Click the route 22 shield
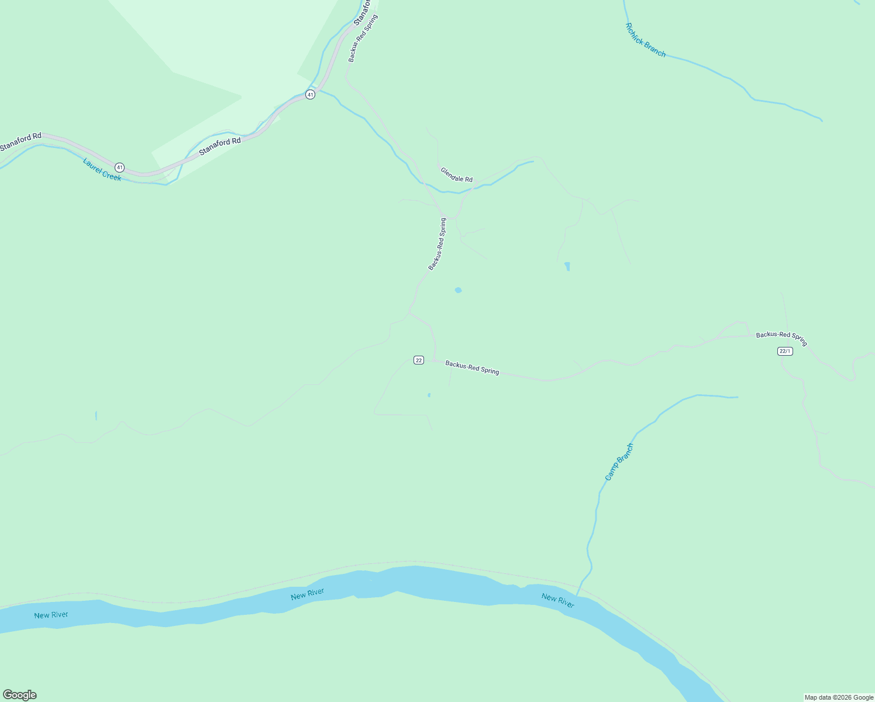pos(418,360)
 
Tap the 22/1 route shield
pos(785,351)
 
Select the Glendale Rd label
pos(456,175)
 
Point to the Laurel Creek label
pos(102,169)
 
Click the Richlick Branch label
pos(645,40)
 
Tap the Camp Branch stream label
pos(619,462)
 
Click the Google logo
pos(20,695)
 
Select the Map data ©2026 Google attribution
pos(839,697)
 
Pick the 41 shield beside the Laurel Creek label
pos(119,167)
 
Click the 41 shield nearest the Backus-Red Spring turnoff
pos(310,94)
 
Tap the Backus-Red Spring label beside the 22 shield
pos(472,367)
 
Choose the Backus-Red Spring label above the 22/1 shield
pos(781,338)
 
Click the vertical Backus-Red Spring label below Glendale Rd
pos(437,244)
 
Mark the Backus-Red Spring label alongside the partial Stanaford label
pos(363,38)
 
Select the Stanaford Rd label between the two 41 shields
pos(220,146)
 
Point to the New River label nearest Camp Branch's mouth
pos(557,600)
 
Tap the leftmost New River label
pos(51,615)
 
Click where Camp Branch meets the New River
pos(577,595)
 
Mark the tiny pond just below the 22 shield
pos(429,395)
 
